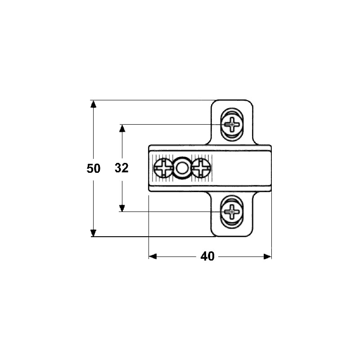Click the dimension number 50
(94, 168)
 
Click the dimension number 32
(121, 168)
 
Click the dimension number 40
(207, 256)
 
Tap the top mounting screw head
(232, 125)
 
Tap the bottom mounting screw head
(232, 211)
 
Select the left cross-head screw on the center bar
(163, 168)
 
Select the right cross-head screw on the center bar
(201, 168)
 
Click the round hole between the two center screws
(182, 168)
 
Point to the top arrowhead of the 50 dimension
(93, 104)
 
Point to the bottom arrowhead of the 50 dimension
(93, 233)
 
